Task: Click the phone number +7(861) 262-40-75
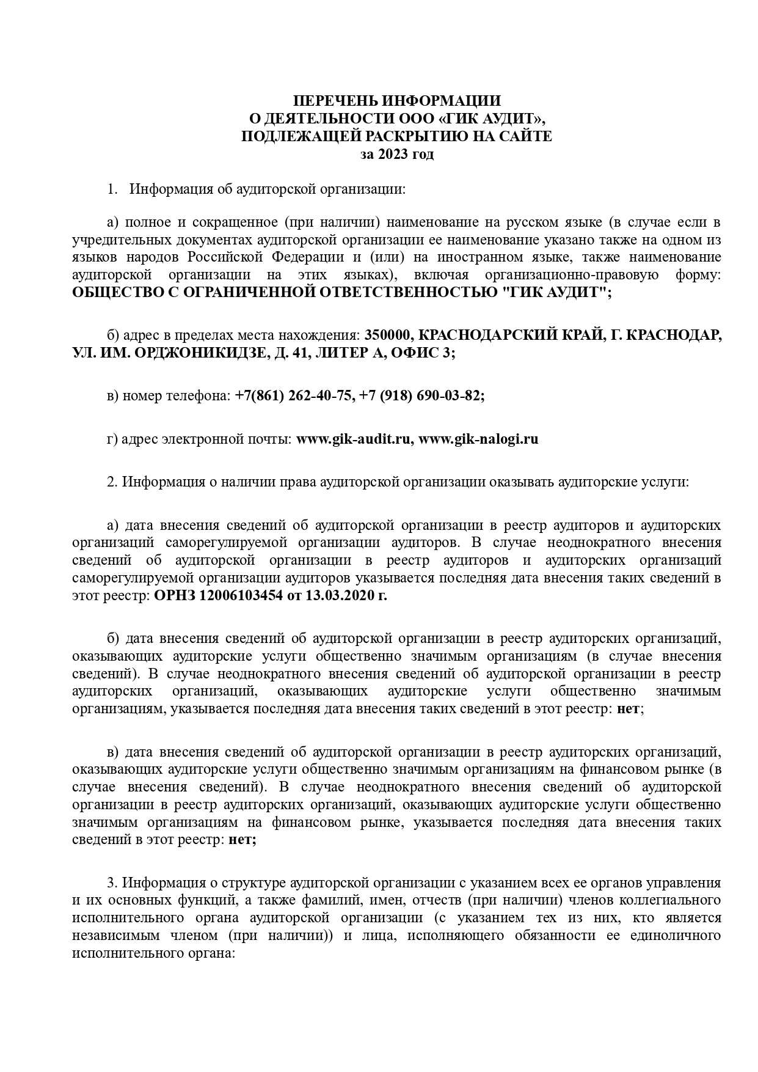coord(294,396)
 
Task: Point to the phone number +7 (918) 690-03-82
coord(422,396)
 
